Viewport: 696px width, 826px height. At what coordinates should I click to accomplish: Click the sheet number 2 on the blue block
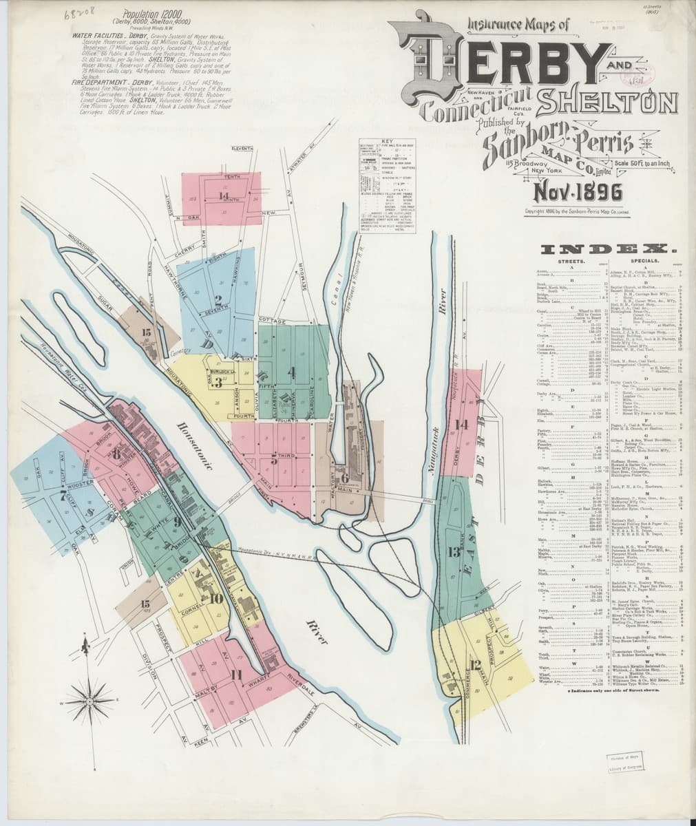pos(218,299)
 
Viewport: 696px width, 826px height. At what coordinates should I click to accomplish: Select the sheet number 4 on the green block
pos(293,373)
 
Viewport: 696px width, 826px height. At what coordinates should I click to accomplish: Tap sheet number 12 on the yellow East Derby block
pos(474,665)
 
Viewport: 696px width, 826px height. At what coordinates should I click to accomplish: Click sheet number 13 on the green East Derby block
pos(454,552)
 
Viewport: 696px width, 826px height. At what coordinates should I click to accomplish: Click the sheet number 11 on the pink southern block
pos(236,673)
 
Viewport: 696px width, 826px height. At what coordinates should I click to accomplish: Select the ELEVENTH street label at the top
pos(243,148)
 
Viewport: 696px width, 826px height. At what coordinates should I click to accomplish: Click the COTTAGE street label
pos(271,321)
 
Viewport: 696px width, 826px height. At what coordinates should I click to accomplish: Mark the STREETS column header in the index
pos(571,262)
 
